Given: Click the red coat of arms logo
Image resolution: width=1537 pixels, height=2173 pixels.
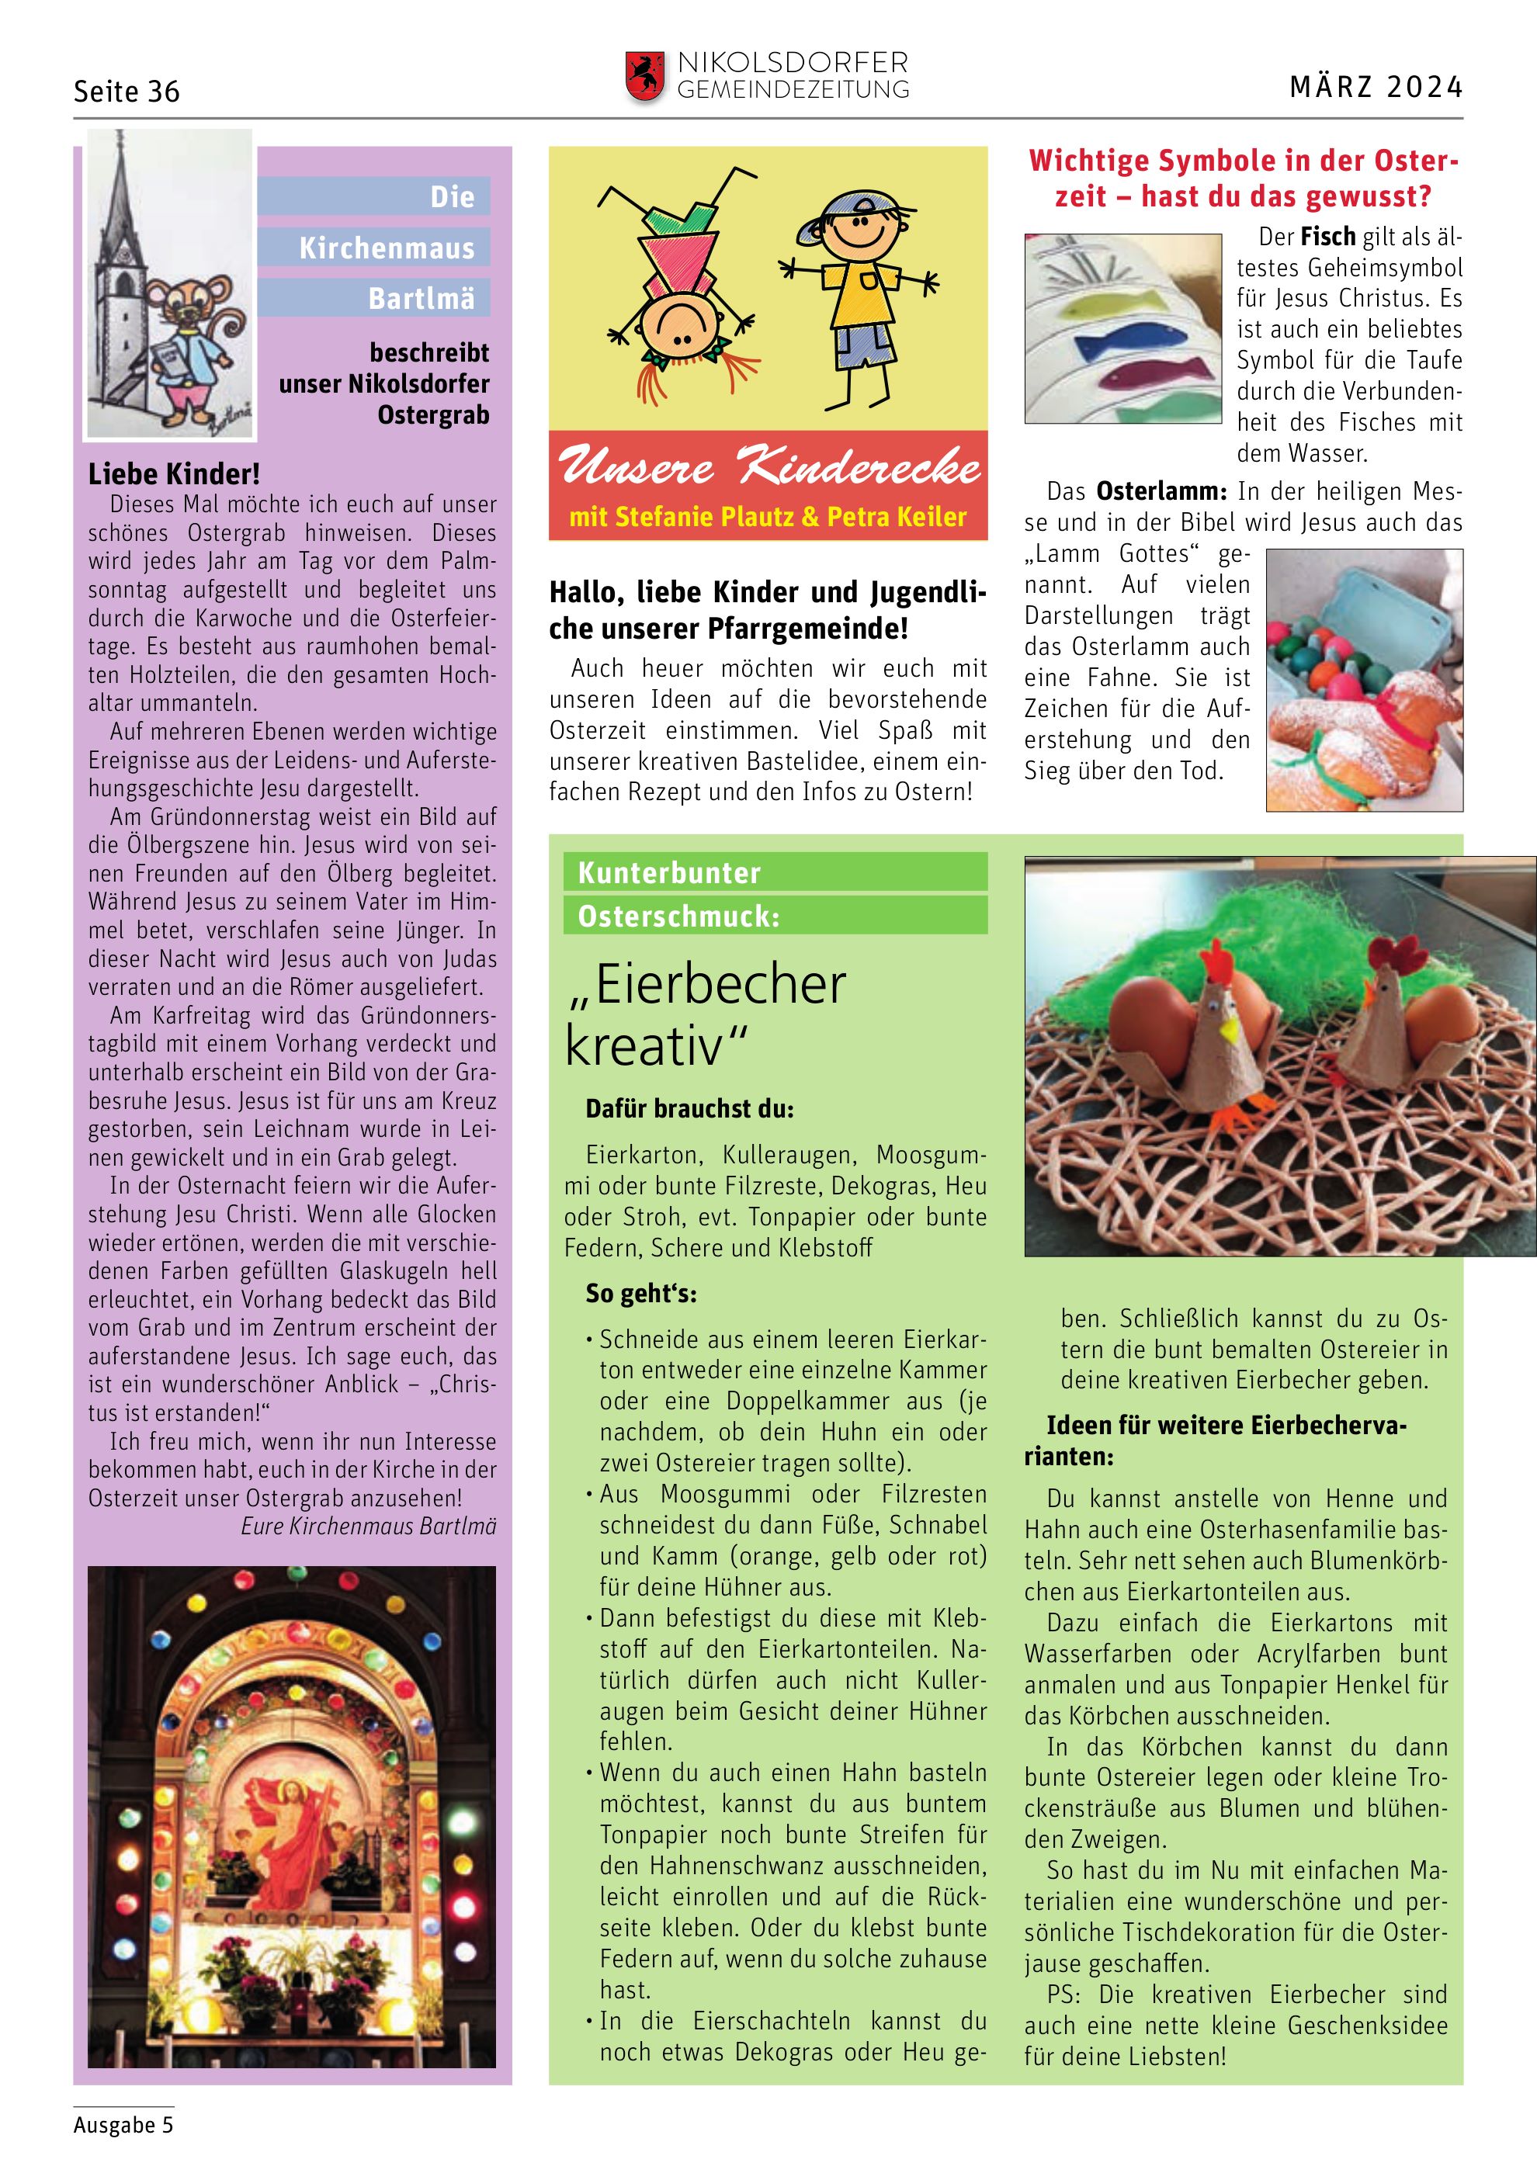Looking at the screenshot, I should click(x=644, y=77).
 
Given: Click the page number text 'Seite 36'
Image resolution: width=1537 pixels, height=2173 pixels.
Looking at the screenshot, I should click(x=127, y=92).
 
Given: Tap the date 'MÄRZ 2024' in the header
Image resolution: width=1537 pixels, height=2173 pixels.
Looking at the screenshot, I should click(x=1376, y=88).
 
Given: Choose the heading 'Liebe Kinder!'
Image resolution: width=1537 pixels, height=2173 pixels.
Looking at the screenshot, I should click(x=174, y=474).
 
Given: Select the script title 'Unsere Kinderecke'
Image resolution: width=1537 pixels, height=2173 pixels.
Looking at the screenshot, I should click(x=768, y=466).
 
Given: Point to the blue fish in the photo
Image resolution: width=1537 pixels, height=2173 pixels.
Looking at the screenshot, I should click(x=1135, y=336).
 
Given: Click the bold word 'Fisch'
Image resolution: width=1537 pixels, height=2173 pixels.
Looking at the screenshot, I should click(x=1328, y=237).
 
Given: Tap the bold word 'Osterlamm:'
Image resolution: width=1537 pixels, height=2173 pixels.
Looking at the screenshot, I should click(x=1161, y=492).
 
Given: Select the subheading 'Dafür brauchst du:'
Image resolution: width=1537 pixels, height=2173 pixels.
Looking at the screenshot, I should click(x=689, y=1109).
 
